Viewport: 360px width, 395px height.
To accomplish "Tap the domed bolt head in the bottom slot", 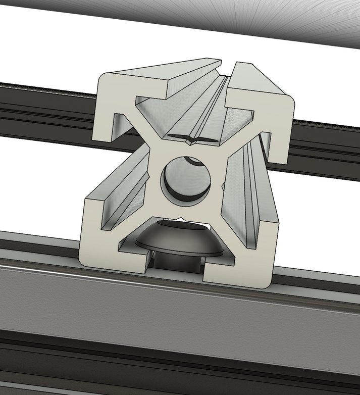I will coord(179,238).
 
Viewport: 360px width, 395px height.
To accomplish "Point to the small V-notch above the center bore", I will coord(191,142).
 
